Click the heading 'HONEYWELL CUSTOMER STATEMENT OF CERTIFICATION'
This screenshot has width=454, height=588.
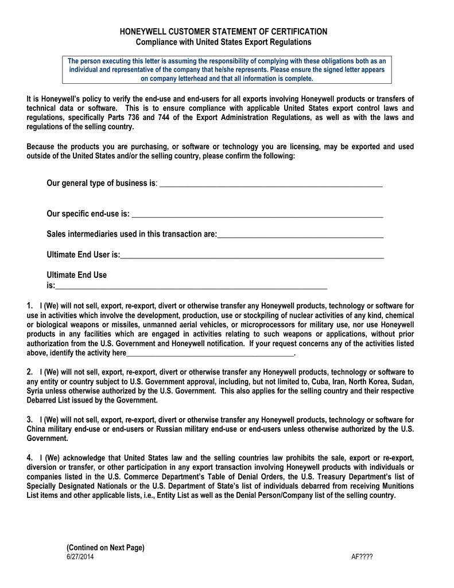(223, 32)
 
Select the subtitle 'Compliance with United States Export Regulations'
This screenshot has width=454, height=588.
(223, 42)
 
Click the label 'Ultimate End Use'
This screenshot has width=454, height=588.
(76, 275)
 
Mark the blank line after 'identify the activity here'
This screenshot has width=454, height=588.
(209, 354)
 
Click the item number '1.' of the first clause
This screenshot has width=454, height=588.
(30, 306)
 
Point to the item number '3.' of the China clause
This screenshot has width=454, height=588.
(30, 419)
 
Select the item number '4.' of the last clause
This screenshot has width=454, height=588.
(30, 458)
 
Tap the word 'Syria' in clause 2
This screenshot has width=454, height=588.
(37, 391)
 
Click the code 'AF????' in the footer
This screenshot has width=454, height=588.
(362, 558)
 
